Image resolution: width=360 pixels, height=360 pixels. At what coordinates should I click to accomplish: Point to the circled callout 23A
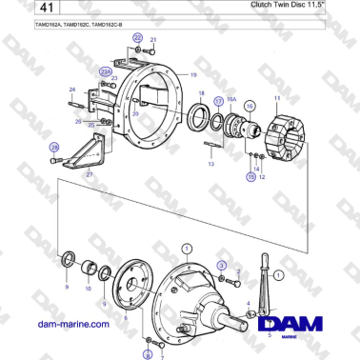105,70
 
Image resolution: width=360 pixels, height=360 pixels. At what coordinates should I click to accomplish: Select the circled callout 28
54,147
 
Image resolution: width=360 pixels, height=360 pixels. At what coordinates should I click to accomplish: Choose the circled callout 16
250,107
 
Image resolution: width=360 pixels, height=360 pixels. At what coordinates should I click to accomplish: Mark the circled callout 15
251,177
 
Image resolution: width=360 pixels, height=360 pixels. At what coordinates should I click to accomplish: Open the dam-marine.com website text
70,325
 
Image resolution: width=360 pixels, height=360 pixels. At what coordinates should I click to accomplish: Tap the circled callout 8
148,353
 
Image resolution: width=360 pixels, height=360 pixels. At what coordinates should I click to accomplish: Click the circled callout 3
221,265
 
